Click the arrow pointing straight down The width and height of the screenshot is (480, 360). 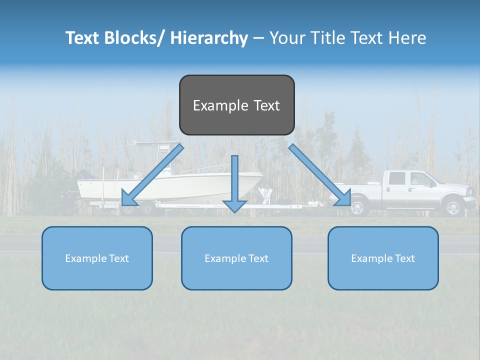[x=234, y=185]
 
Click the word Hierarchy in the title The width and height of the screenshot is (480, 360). [x=208, y=38]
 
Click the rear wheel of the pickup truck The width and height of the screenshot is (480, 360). [x=358, y=207]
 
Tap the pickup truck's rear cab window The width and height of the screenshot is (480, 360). [x=396, y=178]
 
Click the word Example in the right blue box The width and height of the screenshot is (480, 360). [x=367, y=258]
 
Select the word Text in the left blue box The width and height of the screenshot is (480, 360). [x=118, y=258]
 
